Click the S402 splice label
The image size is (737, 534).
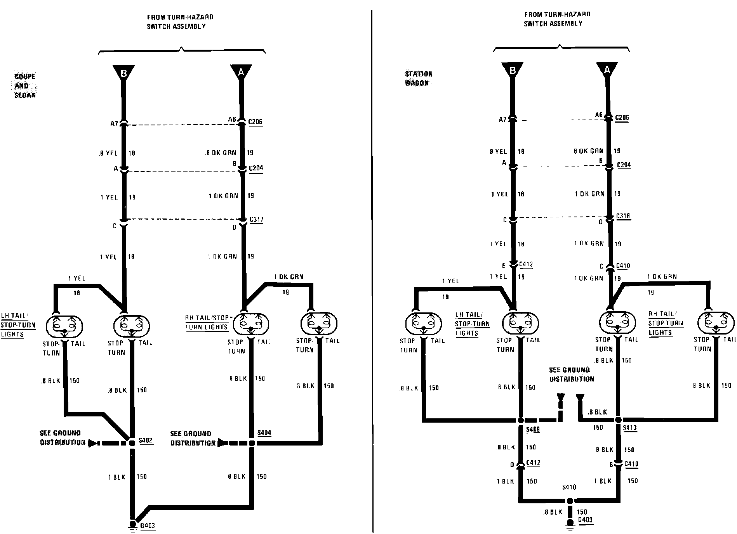146,441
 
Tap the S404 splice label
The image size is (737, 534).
264,433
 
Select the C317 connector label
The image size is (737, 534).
256,220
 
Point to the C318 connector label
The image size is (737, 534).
623,217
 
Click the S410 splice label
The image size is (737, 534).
569,487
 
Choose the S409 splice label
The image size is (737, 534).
533,430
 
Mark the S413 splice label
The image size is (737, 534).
629,428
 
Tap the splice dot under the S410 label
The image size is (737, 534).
569,501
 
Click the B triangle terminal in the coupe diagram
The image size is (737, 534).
123,73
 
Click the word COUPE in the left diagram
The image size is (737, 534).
25,76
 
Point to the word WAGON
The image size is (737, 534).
417,83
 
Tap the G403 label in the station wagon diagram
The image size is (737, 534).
585,520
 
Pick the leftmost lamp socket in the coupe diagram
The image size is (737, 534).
64,325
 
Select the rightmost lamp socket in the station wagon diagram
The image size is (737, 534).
716,323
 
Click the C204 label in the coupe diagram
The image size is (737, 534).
256,168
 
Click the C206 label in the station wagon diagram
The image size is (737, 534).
622,118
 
